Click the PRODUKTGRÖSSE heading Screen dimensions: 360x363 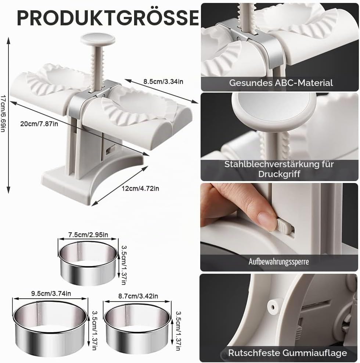coord(108,18)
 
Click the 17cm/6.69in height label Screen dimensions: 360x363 coord(3,113)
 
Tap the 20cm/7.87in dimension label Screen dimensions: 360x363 coord(39,124)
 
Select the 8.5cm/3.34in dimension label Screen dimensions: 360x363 coord(163,82)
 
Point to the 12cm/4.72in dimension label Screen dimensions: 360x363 coord(141,188)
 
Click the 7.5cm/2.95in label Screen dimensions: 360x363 coord(88,235)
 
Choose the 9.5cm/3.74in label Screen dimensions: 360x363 coord(51,294)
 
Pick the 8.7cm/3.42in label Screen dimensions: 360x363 coord(138,296)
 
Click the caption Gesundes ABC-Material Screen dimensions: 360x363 coord(281,83)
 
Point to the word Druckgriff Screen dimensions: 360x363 coord(279,174)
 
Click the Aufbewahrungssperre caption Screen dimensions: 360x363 coord(279,262)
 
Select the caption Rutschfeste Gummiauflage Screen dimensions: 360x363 coord(288,353)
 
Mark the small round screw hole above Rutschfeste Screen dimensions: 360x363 coord(273,307)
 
